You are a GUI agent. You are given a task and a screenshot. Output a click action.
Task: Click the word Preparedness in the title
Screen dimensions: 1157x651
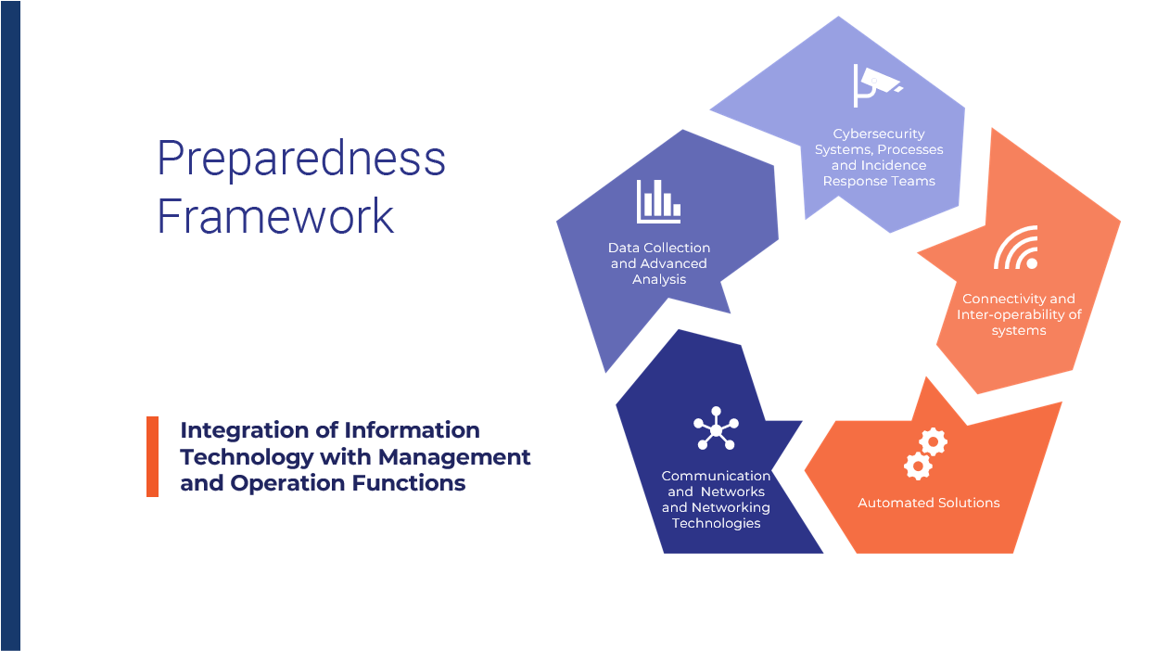[301, 160]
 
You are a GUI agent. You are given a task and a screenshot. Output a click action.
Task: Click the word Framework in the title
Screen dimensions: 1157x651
[275, 216]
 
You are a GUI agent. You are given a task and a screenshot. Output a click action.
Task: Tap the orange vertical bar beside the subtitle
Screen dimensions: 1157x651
[152, 457]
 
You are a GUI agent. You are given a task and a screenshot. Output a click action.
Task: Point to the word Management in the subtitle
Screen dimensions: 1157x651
[454, 457]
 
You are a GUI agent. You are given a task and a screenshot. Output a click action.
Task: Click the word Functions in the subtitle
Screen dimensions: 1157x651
[409, 483]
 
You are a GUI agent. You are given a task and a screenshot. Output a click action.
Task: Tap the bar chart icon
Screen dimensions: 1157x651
[658, 201]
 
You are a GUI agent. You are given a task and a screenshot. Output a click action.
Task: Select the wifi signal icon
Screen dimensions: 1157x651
[1016, 248]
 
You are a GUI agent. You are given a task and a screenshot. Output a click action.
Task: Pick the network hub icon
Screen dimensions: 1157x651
[716, 428]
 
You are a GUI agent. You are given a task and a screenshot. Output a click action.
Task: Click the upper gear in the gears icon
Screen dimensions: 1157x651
[933, 441]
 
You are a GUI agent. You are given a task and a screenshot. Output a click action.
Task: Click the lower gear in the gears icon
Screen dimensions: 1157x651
[918, 466]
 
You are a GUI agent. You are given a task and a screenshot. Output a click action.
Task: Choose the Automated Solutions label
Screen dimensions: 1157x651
[929, 503]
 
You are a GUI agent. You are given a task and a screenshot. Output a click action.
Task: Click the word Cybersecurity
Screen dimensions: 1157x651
[879, 134]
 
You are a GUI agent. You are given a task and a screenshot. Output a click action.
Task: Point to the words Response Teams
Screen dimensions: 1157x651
[879, 182]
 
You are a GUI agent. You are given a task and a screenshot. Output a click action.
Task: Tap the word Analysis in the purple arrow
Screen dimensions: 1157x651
[659, 279]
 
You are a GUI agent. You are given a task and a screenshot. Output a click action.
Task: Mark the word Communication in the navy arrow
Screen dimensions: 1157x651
[716, 476]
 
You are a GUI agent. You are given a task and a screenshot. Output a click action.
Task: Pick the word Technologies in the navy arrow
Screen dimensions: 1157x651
[716, 523]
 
